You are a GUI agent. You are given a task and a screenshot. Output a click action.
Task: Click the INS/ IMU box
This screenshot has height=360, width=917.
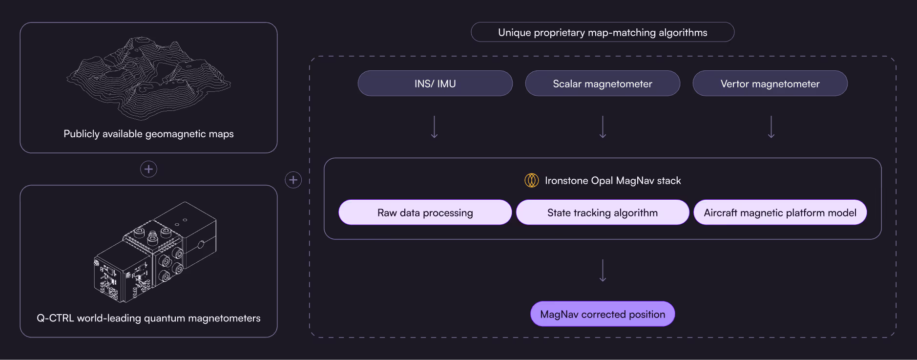[x=435, y=84]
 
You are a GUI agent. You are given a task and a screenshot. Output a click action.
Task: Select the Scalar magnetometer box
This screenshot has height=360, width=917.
[x=603, y=84]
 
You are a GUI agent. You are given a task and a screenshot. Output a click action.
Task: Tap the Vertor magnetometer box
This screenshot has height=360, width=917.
[x=770, y=84]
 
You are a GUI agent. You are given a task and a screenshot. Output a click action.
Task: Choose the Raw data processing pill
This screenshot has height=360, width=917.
[x=425, y=212]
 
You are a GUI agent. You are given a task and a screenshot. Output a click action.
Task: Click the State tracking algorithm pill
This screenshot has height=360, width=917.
[x=603, y=212]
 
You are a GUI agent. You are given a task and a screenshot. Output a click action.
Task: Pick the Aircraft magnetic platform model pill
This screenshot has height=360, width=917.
[x=780, y=212]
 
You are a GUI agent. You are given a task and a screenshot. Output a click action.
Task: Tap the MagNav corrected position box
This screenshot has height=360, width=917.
[x=603, y=314]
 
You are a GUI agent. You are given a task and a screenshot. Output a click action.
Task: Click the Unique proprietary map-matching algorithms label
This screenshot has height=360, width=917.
[x=603, y=32]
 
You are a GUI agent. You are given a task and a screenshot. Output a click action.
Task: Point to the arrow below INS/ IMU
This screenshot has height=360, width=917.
[x=434, y=127]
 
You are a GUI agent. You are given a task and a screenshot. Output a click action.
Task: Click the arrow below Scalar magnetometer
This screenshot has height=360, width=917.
[x=603, y=127]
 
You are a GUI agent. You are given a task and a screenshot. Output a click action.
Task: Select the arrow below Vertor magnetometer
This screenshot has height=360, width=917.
[x=771, y=127]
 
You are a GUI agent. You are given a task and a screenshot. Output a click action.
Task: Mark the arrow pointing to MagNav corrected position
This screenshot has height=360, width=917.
[x=603, y=271]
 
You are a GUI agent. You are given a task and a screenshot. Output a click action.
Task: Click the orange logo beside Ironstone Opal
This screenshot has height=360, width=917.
[x=531, y=180]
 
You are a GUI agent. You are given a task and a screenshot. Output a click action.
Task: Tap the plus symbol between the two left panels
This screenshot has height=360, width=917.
[x=148, y=169]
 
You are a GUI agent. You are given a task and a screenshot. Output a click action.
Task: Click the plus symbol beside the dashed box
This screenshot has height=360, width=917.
[x=293, y=180]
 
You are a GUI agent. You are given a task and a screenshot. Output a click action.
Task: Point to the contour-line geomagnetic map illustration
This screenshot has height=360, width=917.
[x=148, y=78]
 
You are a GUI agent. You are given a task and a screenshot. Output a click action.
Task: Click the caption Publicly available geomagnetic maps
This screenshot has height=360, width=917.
[x=148, y=134]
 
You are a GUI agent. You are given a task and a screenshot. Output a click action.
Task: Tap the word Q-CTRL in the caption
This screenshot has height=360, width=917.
[x=55, y=318]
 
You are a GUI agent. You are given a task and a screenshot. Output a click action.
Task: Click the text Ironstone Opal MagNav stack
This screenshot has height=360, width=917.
[x=613, y=181]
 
